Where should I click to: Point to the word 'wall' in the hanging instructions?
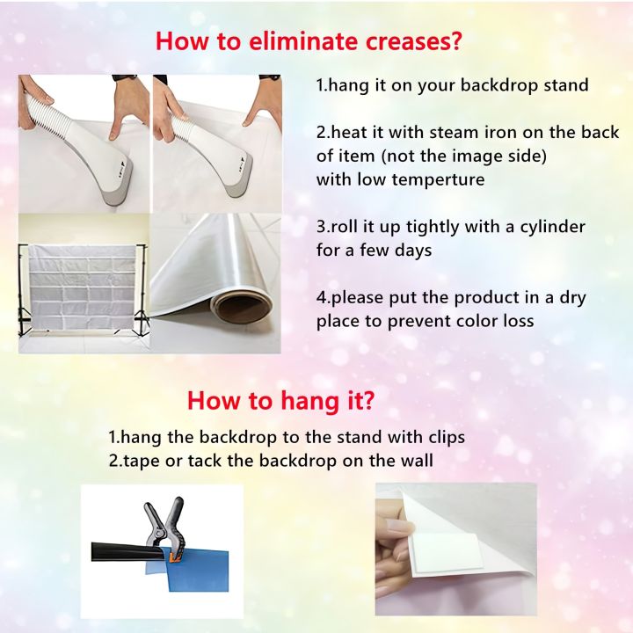[419, 461]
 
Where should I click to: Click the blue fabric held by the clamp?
[198, 569]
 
